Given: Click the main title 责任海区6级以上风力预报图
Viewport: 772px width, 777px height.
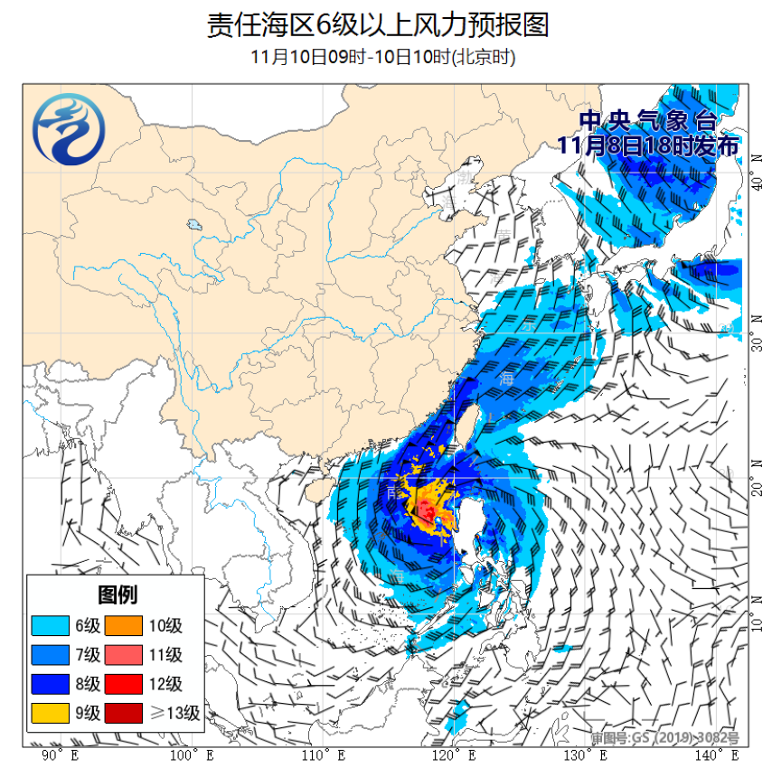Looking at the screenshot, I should (378, 24).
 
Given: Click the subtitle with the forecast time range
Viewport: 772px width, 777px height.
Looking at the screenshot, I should (383, 57).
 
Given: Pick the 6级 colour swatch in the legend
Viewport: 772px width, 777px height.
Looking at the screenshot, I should (52, 625).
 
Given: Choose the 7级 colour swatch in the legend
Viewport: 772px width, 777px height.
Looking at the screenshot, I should (52, 654).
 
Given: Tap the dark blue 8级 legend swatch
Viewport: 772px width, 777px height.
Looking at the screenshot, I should (52, 683).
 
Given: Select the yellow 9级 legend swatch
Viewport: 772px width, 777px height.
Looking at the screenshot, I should (52, 713).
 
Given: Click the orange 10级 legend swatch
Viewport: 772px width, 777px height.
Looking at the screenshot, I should (127, 625).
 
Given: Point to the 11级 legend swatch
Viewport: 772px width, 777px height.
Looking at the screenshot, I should (127, 654).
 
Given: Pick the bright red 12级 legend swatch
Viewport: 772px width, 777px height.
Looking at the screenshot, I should (127, 683).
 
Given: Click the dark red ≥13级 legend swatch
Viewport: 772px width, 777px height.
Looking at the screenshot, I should (127, 713).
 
